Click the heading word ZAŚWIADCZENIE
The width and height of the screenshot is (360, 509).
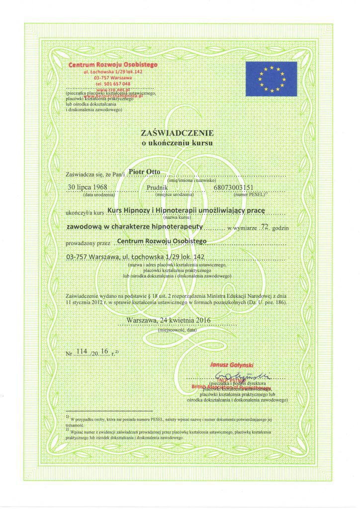tap(178, 133)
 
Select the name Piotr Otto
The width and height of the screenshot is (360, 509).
tap(144, 172)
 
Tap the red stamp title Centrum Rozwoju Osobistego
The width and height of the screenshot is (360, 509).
tap(113, 65)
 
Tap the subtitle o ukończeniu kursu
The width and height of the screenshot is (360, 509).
tap(178, 142)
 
